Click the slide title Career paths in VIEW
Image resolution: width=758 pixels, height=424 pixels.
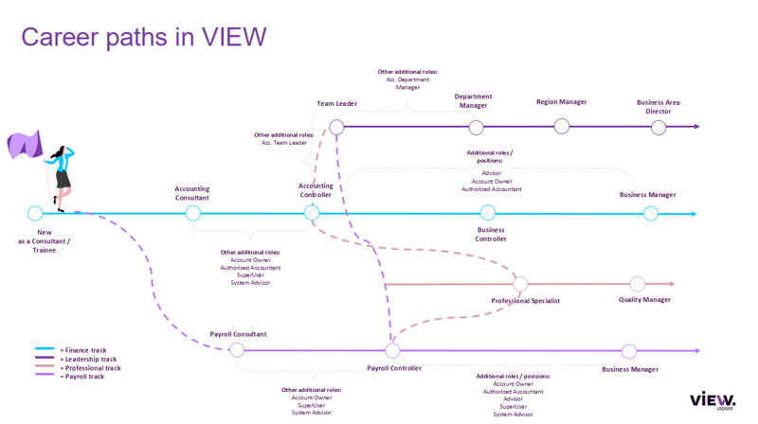click(x=143, y=37)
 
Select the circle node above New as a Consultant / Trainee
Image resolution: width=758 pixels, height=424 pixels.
click(x=35, y=214)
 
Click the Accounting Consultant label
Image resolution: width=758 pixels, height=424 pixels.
click(x=192, y=193)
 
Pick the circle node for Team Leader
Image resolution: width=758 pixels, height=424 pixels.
click(x=336, y=127)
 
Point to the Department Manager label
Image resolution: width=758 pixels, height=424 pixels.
click(x=473, y=101)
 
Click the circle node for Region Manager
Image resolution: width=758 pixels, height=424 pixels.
click(x=562, y=127)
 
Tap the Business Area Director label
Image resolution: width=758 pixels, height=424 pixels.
click(x=659, y=107)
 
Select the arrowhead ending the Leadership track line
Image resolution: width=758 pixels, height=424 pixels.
click(x=696, y=127)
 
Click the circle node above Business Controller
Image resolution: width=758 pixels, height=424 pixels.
click(x=487, y=214)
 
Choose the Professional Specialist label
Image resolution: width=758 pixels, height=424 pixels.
click(x=525, y=301)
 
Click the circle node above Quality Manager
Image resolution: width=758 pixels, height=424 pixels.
click(x=638, y=284)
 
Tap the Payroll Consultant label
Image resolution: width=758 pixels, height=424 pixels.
click(x=238, y=334)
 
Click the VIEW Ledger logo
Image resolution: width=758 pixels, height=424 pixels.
click(x=712, y=400)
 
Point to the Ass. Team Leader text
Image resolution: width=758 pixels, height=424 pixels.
click(x=284, y=143)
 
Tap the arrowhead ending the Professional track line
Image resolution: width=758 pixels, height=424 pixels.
click(x=672, y=284)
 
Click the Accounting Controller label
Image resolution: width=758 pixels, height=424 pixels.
click(x=316, y=190)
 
